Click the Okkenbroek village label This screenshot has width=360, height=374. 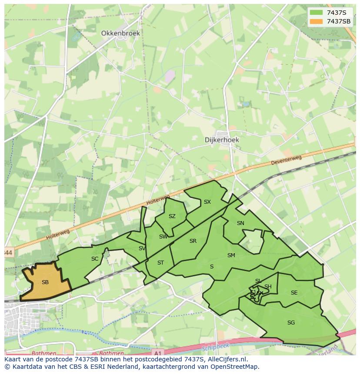tap(120, 33)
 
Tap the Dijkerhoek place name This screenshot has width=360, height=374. tap(222, 140)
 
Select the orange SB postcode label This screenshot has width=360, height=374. tap(45, 282)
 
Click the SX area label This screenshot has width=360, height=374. tap(207, 202)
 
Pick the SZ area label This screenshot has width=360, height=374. tap(172, 216)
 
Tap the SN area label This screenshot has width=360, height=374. tap(240, 223)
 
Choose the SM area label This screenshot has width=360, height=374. tap(231, 255)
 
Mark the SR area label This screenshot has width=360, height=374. tap(193, 241)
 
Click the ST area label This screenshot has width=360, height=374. tap(160, 263)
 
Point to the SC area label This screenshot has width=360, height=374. tap(95, 259)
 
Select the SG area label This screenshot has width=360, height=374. tap(291, 323)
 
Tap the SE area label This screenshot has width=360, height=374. tap(294, 293)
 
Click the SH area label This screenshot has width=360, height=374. tap(268, 287)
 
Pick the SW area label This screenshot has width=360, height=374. tap(163, 237)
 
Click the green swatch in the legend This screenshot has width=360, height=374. tap(316, 13)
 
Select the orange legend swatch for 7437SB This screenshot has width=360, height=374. tap(316, 21)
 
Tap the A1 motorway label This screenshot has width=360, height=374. tap(158, 353)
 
